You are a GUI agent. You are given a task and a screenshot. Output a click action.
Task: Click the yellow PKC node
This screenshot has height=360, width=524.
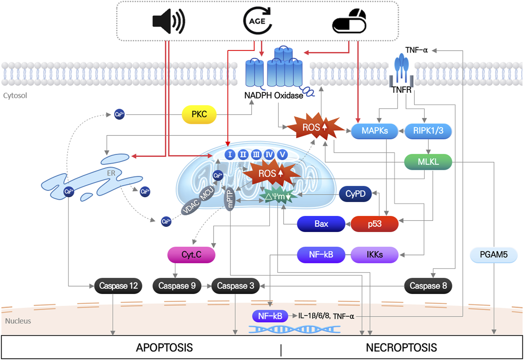(199, 115)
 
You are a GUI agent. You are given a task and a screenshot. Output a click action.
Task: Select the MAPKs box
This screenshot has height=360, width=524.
(374, 131)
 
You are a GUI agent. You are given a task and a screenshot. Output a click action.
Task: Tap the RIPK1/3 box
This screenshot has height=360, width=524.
(428, 131)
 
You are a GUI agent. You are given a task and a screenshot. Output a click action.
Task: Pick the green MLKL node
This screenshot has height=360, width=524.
(428, 162)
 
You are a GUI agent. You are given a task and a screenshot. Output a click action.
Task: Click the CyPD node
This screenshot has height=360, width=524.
(355, 194)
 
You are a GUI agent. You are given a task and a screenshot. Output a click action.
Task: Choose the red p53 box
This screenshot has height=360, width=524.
(374, 224)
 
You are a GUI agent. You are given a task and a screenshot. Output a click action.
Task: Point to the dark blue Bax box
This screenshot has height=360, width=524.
(321, 224)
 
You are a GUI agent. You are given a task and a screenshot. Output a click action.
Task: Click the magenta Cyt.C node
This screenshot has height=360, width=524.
(191, 255)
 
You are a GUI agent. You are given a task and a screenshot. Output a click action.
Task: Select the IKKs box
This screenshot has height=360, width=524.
(374, 255)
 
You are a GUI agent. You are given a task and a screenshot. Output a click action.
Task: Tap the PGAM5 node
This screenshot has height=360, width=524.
(494, 255)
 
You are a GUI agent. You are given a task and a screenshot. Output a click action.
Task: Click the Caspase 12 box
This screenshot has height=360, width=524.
(118, 286)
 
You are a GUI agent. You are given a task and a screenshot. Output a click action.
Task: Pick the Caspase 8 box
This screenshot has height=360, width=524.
(428, 286)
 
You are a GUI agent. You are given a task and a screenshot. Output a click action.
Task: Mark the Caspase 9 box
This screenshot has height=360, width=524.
(177, 286)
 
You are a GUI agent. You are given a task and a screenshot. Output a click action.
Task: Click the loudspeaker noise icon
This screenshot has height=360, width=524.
(168, 21)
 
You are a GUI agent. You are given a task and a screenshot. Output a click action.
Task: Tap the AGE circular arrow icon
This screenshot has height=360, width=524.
(257, 21)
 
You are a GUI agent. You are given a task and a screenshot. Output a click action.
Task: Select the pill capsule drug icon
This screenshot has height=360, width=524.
(349, 21)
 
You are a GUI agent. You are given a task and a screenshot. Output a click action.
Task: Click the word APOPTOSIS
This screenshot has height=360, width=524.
(164, 348)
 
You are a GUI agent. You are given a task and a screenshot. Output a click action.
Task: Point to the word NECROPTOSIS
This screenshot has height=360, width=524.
(401, 348)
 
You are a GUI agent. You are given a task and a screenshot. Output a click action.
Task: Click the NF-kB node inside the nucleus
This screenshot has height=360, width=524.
(270, 316)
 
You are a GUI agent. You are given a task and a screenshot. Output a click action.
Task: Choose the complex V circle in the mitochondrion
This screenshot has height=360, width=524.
(282, 155)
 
